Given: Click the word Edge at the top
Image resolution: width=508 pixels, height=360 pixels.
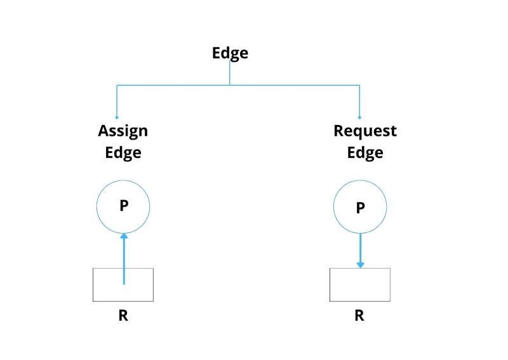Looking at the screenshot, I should (230, 53).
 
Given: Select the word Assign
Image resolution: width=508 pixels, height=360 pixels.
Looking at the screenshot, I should (123, 131).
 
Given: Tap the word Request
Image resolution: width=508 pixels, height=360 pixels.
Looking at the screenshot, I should (364, 131).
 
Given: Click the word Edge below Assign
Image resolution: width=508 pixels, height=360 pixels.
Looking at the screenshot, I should (123, 152).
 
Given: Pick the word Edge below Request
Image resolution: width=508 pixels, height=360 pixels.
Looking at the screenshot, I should (364, 152).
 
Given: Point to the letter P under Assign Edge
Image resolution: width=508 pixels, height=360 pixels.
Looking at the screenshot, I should (123, 207).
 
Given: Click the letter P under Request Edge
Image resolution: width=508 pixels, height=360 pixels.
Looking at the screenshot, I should (360, 208).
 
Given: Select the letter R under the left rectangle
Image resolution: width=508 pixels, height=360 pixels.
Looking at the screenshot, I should (123, 316).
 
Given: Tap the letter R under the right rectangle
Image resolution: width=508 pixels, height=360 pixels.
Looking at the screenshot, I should (359, 316).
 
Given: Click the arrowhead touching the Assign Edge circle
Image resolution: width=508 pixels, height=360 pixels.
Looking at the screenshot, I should (123, 236).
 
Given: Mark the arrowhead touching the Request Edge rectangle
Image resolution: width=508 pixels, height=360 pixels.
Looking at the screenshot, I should (360, 264).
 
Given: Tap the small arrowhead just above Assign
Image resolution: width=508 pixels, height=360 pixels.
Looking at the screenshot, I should (116, 117).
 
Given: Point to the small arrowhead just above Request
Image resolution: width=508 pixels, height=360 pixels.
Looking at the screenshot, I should (360, 117).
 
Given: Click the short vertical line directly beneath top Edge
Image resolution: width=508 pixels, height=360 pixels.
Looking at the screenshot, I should (230, 74).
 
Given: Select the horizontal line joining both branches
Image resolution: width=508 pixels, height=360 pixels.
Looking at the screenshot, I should (286, 85).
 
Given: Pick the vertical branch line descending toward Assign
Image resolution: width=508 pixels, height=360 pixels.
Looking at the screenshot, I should (116, 100).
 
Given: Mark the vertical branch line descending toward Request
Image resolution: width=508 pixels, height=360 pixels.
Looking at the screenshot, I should (360, 100).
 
